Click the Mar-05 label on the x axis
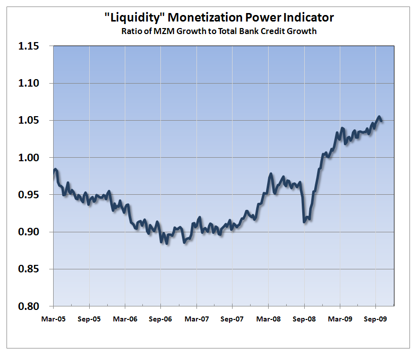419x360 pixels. pyautogui.click(x=53, y=318)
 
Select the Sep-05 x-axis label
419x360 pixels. pyautogui.click(x=89, y=318)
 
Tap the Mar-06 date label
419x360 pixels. pyautogui.click(x=125, y=318)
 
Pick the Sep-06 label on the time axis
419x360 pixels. pyautogui.click(x=161, y=318)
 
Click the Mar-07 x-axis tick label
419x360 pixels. pyautogui.click(x=196, y=318)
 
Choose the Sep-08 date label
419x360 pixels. pyautogui.click(x=304, y=318)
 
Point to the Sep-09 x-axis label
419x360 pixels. pyautogui.click(x=376, y=318)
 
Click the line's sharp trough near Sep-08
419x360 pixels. pyautogui.click(x=305, y=221)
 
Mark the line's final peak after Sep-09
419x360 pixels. pyautogui.click(x=379, y=117)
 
